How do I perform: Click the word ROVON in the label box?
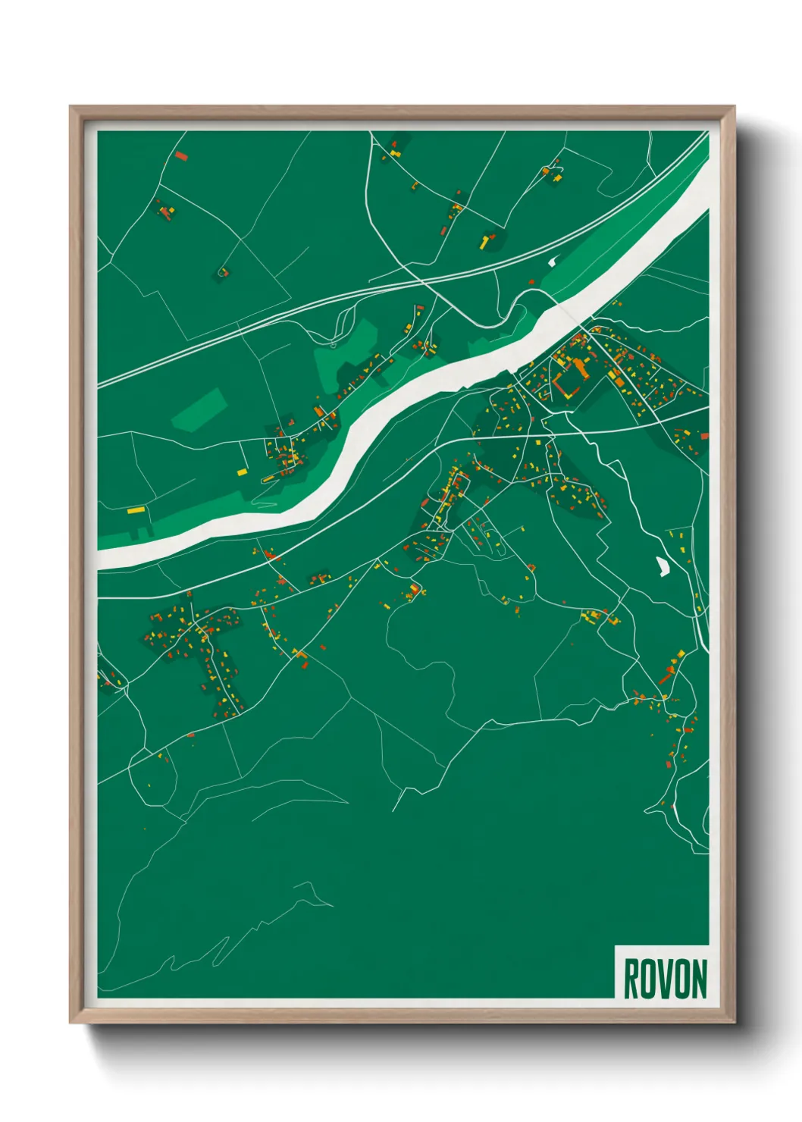pyautogui.click(x=665, y=979)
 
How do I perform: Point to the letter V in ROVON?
pyautogui.click(x=665, y=979)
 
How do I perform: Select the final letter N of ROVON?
pyautogui.click(x=699, y=979)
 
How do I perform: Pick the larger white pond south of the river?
pyautogui.click(x=663, y=566)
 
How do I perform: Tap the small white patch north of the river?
pyautogui.click(x=551, y=262)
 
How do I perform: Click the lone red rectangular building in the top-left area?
pyautogui.click(x=180, y=157)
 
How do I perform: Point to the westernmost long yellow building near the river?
pyautogui.click(x=136, y=510)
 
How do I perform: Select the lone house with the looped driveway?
pyautogui.click(x=223, y=271)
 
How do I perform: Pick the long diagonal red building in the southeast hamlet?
pyautogui.click(x=666, y=675)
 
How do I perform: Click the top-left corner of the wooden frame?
pyautogui.click(x=71, y=107)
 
